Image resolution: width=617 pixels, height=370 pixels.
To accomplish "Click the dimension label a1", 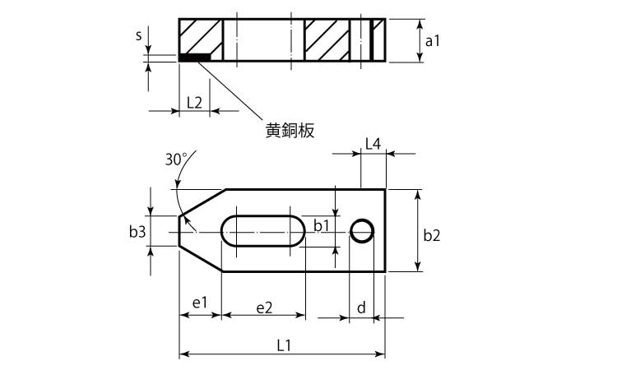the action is click(432, 41).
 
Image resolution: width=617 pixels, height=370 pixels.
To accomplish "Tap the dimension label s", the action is click(138, 35).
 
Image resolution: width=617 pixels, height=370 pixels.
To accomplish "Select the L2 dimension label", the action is click(194, 103).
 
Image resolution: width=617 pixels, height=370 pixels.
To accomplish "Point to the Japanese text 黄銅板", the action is click(290, 130).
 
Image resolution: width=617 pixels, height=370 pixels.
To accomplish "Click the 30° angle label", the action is click(176, 160).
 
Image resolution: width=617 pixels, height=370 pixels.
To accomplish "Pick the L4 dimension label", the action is click(373, 144).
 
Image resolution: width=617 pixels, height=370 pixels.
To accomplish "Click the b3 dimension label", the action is click(137, 232).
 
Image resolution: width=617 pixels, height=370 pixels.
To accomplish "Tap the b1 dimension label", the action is click(322, 225).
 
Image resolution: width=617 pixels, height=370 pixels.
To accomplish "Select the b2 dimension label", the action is click(432, 235).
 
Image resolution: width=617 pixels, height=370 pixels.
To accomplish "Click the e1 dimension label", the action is click(200, 303).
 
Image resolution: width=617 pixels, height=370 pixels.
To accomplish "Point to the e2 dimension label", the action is click(264, 308).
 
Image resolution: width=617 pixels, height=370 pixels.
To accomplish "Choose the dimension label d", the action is click(361, 307).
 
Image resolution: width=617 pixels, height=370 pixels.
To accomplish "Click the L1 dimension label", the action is click(283, 345).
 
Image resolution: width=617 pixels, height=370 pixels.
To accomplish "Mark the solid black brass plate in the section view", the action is click(194, 58).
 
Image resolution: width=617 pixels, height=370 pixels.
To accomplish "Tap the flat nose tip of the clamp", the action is click(180, 231).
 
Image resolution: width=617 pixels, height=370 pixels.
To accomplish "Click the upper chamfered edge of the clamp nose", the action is click(202, 202).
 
